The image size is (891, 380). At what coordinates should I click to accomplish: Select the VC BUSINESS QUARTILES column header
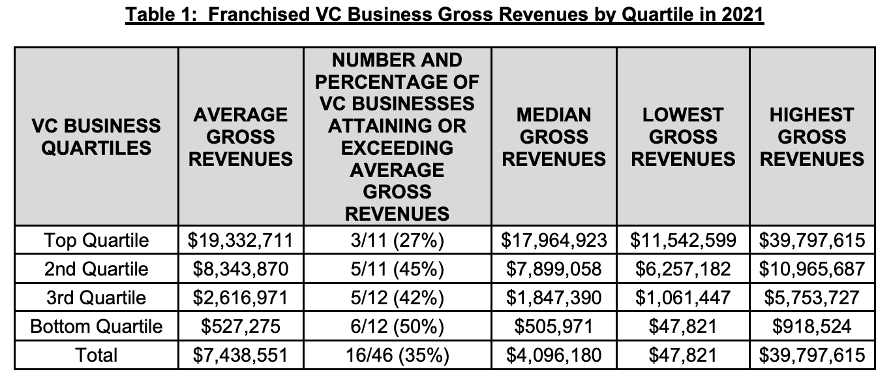click(x=96, y=136)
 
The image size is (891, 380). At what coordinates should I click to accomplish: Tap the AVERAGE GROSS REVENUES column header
click(x=241, y=136)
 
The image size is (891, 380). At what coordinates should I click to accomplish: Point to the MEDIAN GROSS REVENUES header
click(x=554, y=136)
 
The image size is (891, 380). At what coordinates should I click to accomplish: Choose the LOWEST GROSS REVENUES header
click(x=683, y=136)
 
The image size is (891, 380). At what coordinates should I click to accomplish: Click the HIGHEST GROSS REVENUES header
click(x=811, y=136)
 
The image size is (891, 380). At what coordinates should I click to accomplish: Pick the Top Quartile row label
click(x=96, y=240)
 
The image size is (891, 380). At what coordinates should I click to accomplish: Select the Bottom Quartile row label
click(x=96, y=326)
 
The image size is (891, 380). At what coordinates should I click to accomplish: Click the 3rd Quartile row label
click(x=96, y=298)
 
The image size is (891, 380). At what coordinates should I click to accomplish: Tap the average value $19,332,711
click(x=241, y=240)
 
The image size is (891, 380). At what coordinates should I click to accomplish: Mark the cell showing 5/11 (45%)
click(x=397, y=269)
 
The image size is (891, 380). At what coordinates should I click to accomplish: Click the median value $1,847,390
click(x=554, y=298)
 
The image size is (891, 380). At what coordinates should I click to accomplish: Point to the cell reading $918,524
click(x=811, y=326)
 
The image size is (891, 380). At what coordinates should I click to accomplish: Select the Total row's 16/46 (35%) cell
click(x=397, y=355)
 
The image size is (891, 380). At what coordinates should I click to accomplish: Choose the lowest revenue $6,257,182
click(x=683, y=269)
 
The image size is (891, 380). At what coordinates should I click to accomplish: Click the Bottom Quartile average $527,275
click(x=241, y=326)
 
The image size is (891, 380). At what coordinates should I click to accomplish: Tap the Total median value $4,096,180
click(x=554, y=355)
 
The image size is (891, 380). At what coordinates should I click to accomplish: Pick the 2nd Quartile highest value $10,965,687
click(x=811, y=269)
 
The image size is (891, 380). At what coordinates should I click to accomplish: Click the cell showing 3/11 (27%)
click(x=397, y=240)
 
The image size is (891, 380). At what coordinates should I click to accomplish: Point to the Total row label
click(x=96, y=355)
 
